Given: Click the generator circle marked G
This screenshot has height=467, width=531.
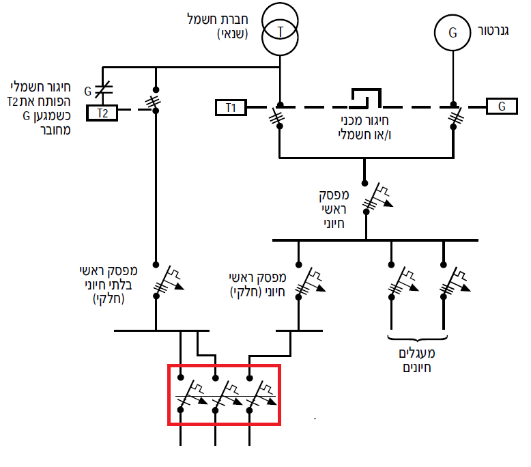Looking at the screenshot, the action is pyautogui.click(x=453, y=33).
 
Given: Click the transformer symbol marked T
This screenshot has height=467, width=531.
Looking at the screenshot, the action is pyautogui.click(x=280, y=29).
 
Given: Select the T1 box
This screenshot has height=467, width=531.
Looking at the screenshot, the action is pyautogui.click(x=231, y=107).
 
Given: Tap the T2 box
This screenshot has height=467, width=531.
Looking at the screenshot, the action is pyautogui.click(x=102, y=113).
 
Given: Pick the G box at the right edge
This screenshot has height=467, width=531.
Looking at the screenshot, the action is pyautogui.click(x=502, y=106).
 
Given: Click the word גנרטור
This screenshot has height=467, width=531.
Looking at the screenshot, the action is pyautogui.click(x=493, y=31).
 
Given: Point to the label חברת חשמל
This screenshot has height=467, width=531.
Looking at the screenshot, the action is pyautogui.click(x=218, y=19).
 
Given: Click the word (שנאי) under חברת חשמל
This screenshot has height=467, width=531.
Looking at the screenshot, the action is pyautogui.click(x=233, y=34).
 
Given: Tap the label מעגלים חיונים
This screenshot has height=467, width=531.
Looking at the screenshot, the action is pyautogui.click(x=417, y=360).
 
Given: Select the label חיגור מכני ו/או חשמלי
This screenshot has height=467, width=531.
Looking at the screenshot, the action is pyautogui.click(x=364, y=128).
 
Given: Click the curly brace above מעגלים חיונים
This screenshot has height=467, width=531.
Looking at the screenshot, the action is pyautogui.click(x=417, y=338).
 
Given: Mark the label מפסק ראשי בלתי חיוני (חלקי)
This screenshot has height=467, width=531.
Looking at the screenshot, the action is pyautogui.click(x=109, y=285).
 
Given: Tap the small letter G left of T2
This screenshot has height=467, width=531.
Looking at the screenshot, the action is pyautogui.click(x=88, y=91).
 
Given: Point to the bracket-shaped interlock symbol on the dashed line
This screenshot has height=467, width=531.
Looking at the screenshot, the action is pyautogui.click(x=366, y=98).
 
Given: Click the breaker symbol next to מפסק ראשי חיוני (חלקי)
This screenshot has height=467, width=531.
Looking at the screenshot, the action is pyautogui.click(x=308, y=283).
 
